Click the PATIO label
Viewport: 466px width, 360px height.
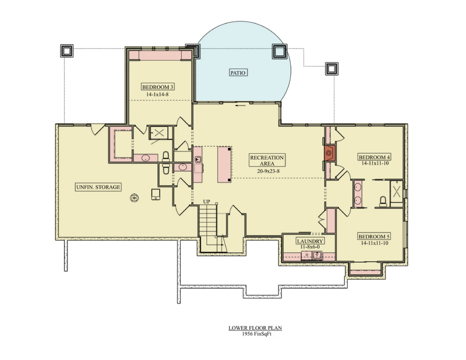pyautogui.click(x=238, y=72)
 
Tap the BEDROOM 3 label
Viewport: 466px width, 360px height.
pyautogui.click(x=157, y=87)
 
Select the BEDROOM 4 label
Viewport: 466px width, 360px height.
pyautogui.click(x=375, y=157)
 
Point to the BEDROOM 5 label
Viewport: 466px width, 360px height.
pyautogui.click(x=374, y=237)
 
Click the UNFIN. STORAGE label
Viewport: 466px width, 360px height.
pyautogui.click(x=98, y=187)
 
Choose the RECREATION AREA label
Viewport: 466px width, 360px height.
pyautogui.click(x=267, y=161)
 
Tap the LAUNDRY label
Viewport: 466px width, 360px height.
pyautogui.click(x=310, y=241)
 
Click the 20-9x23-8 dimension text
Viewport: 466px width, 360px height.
pyautogui.click(x=268, y=171)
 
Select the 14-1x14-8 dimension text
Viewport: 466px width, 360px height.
pyautogui.click(x=157, y=95)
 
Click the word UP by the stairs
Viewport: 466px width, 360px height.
pyautogui.click(x=207, y=202)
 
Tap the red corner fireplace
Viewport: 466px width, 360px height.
pyautogui.click(x=329, y=153)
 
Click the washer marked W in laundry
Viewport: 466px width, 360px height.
pyautogui.click(x=317, y=255)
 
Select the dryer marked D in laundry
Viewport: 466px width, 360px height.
pyautogui.click(x=307, y=255)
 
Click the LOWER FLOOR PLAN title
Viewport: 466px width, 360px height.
pyautogui.click(x=255, y=328)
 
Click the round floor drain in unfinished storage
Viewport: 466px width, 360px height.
pyautogui.click(x=134, y=198)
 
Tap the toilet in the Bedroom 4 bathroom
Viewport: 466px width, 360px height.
pyautogui.click(x=383, y=202)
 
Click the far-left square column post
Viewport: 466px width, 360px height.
pyautogui.click(x=67, y=51)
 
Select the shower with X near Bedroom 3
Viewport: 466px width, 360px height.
pyautogui.click(x=159, y=133)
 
